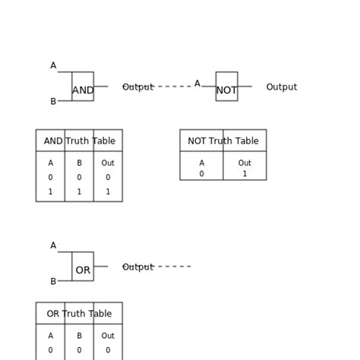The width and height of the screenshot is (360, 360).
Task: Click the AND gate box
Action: pos(83,87)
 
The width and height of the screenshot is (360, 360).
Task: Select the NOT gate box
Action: pos(226,87)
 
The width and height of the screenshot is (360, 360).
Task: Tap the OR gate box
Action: pos(83,267)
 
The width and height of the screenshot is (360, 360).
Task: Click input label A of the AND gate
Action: pos(53,66)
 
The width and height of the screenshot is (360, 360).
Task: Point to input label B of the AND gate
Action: pos(53,102)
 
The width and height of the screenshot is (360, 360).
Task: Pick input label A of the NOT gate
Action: pos(197,84)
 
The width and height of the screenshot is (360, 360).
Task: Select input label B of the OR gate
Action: pos(53,282)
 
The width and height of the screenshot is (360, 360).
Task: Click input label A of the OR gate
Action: pos(53,246)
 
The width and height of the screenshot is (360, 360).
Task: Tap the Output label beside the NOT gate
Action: pos(281,87)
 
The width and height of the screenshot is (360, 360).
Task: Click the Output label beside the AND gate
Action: pos(137,87)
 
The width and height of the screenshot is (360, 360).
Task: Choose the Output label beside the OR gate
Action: pos(137,267)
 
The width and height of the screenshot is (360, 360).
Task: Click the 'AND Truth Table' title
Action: pos(79,141)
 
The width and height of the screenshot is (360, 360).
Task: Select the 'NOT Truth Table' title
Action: pos(223,141)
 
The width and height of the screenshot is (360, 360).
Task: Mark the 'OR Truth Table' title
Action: pos(79,314)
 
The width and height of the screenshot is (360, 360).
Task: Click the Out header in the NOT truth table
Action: pos(245,163)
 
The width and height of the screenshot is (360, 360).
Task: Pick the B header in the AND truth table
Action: pos(79,163)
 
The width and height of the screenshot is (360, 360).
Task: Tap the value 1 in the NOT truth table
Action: pos(245,174)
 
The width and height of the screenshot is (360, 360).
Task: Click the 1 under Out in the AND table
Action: pos(108,192)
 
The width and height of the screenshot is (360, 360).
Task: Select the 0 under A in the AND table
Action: pos(50,178)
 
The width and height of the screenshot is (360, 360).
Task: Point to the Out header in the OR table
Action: pos(108,336)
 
